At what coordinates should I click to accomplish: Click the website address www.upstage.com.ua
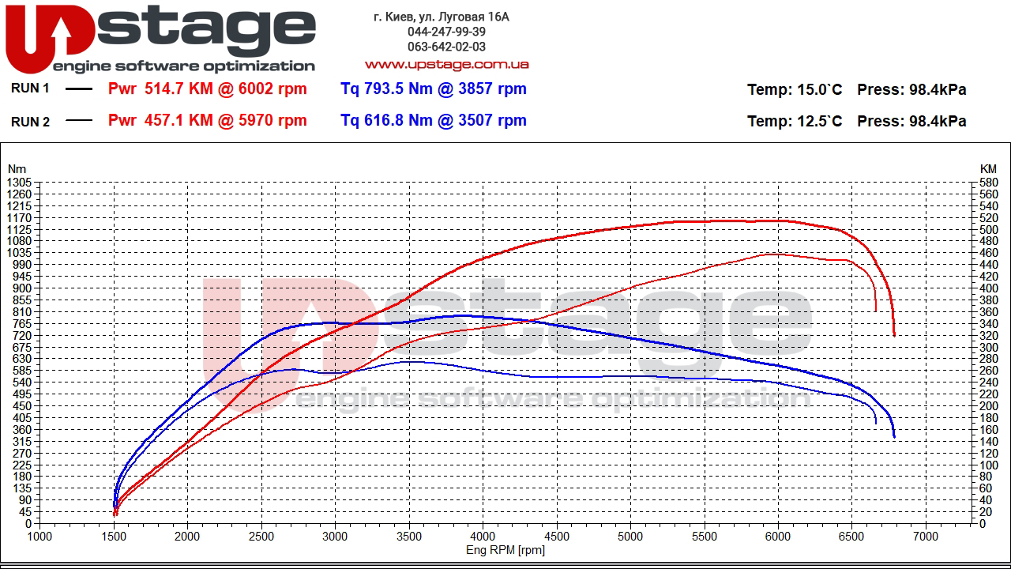(x=446, y=64)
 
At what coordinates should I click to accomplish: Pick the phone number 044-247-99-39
(x=446, y=32)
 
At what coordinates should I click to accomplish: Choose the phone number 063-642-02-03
(x=446, y=47)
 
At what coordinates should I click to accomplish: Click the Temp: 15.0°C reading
(x=795, y=90)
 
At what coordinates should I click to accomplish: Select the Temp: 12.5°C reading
(x=795, y=122)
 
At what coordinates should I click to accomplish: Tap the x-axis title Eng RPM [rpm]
(x=505, y=550)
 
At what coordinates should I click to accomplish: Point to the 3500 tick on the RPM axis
(x=409, y=536)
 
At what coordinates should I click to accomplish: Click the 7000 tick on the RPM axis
(x=926, y=536)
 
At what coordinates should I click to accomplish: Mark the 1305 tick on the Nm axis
(x=18, y=183)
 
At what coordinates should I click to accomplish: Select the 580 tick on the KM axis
(x=988, y=183)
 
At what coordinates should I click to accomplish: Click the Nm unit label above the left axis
(x=17, y=169)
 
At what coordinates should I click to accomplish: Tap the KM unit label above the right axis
(x=988, y=169)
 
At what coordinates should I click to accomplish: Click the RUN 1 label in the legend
(x=30, y=89)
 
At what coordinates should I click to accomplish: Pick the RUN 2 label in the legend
(x=30, y=122)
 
